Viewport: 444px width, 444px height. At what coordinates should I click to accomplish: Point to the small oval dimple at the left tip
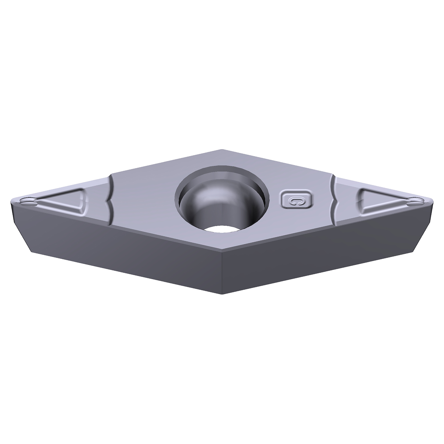click(27, 201)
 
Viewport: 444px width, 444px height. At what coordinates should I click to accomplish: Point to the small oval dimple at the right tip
click(415, 202)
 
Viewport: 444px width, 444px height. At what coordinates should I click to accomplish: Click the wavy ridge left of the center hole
click(111, 201)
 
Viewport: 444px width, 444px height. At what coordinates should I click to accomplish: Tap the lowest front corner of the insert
click(222, 294)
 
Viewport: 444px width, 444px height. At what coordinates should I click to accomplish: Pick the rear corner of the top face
click(222, 150)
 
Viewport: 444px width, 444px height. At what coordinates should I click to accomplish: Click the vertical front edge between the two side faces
click(222, 274)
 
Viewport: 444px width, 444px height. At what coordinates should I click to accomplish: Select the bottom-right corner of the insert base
click(414, 252)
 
